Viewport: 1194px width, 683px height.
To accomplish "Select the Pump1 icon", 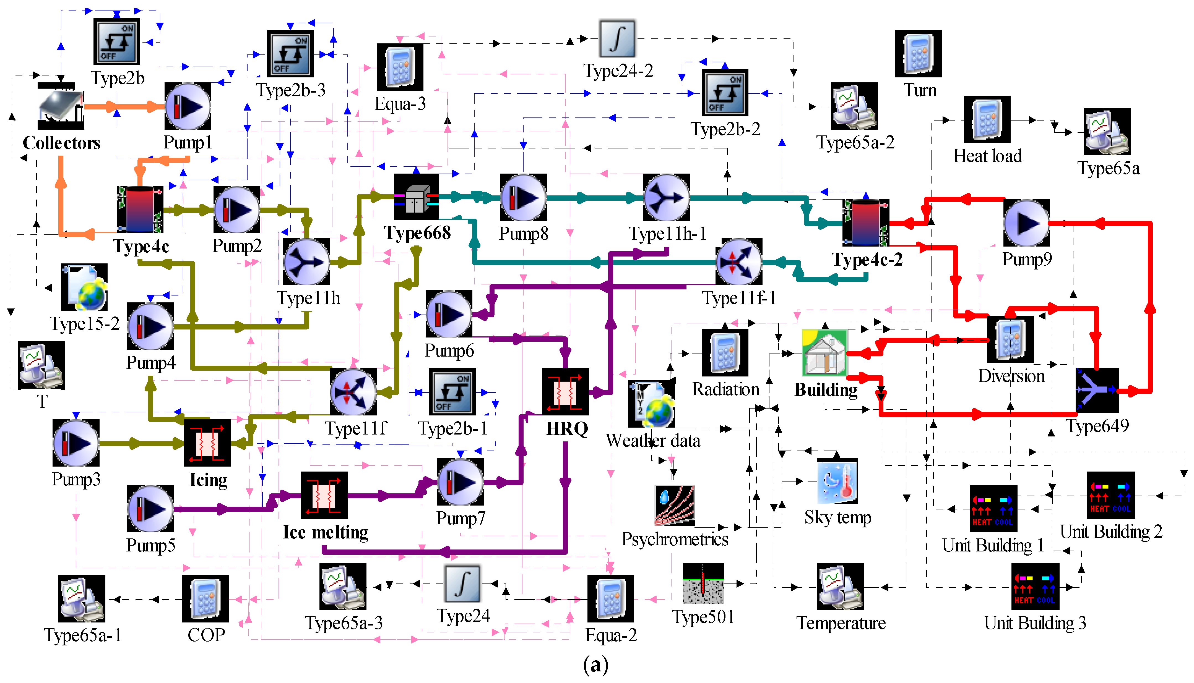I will (188, 106).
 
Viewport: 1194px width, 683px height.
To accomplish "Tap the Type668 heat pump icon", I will (416, 197).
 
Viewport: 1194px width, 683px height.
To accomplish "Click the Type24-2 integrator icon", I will (617, 38).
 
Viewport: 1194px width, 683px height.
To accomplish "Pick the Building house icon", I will (825, 353).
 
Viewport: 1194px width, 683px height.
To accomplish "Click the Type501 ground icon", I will (703, 583).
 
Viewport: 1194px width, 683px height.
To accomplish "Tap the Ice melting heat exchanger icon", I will (324, 495).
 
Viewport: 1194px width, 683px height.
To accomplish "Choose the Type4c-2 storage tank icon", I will (866, 222).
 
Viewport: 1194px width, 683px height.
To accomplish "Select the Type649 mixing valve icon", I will (1097, 390).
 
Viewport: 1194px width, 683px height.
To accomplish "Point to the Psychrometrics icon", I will (674, 506).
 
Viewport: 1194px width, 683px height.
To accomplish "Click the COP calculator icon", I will (205, 599).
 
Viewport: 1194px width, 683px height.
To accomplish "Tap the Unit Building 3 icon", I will (1035, 586).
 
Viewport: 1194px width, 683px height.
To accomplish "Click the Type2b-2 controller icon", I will (725, 92).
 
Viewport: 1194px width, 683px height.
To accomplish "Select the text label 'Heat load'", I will (987, 156).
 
